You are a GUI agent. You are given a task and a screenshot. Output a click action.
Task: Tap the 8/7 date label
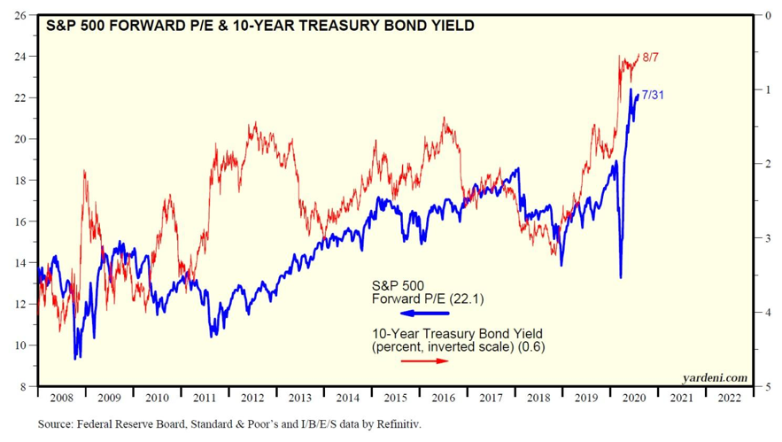pos(652,58)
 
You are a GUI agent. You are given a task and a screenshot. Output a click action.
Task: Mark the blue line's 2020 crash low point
pos(620,277)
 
